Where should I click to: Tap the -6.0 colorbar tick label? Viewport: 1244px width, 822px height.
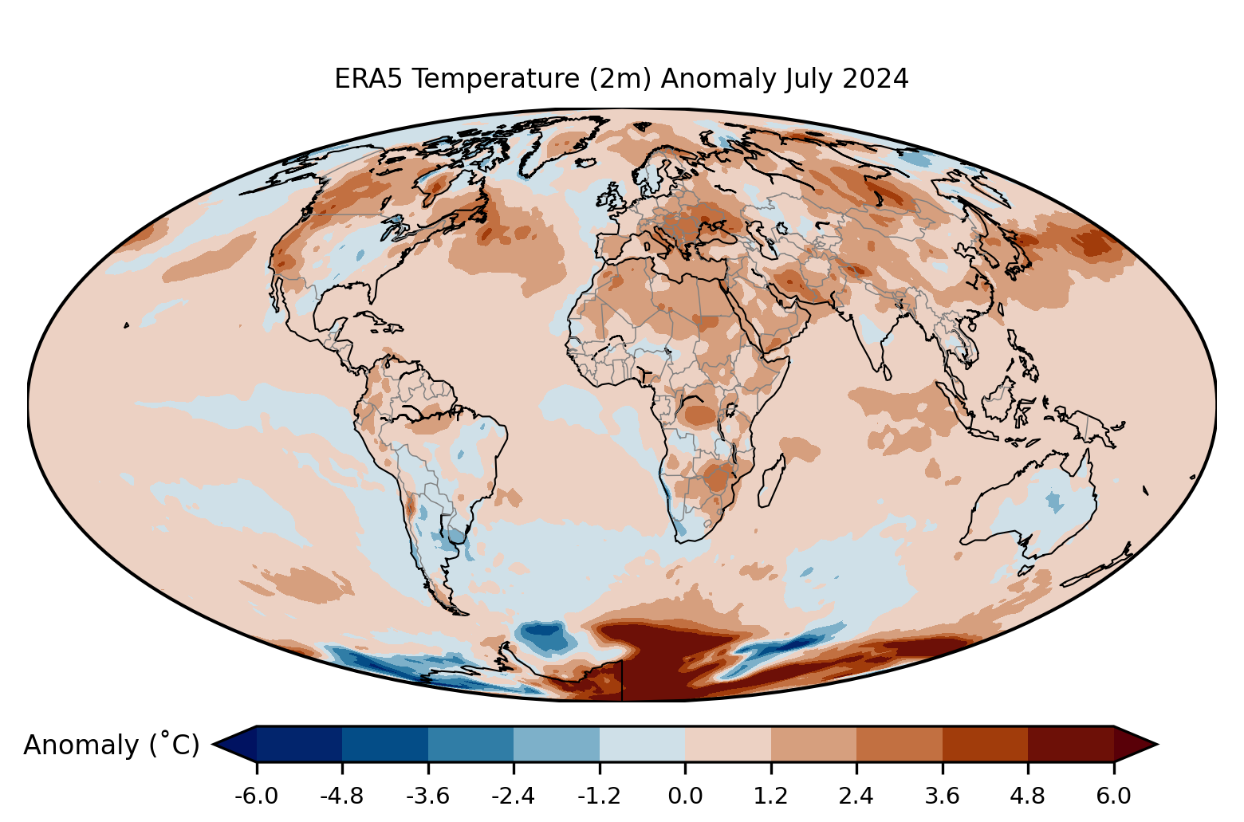pos(256,796)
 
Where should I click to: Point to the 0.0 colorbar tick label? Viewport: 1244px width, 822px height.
pos(685,796)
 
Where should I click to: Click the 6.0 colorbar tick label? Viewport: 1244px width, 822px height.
pos(1113,796)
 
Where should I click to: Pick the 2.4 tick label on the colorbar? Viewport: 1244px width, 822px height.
pos(856,796)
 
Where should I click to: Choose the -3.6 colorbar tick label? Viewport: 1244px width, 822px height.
pos(427,796)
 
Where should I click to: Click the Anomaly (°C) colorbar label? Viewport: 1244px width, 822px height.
pos(112,745)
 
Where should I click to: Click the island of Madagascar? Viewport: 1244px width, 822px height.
pos(771,482)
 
